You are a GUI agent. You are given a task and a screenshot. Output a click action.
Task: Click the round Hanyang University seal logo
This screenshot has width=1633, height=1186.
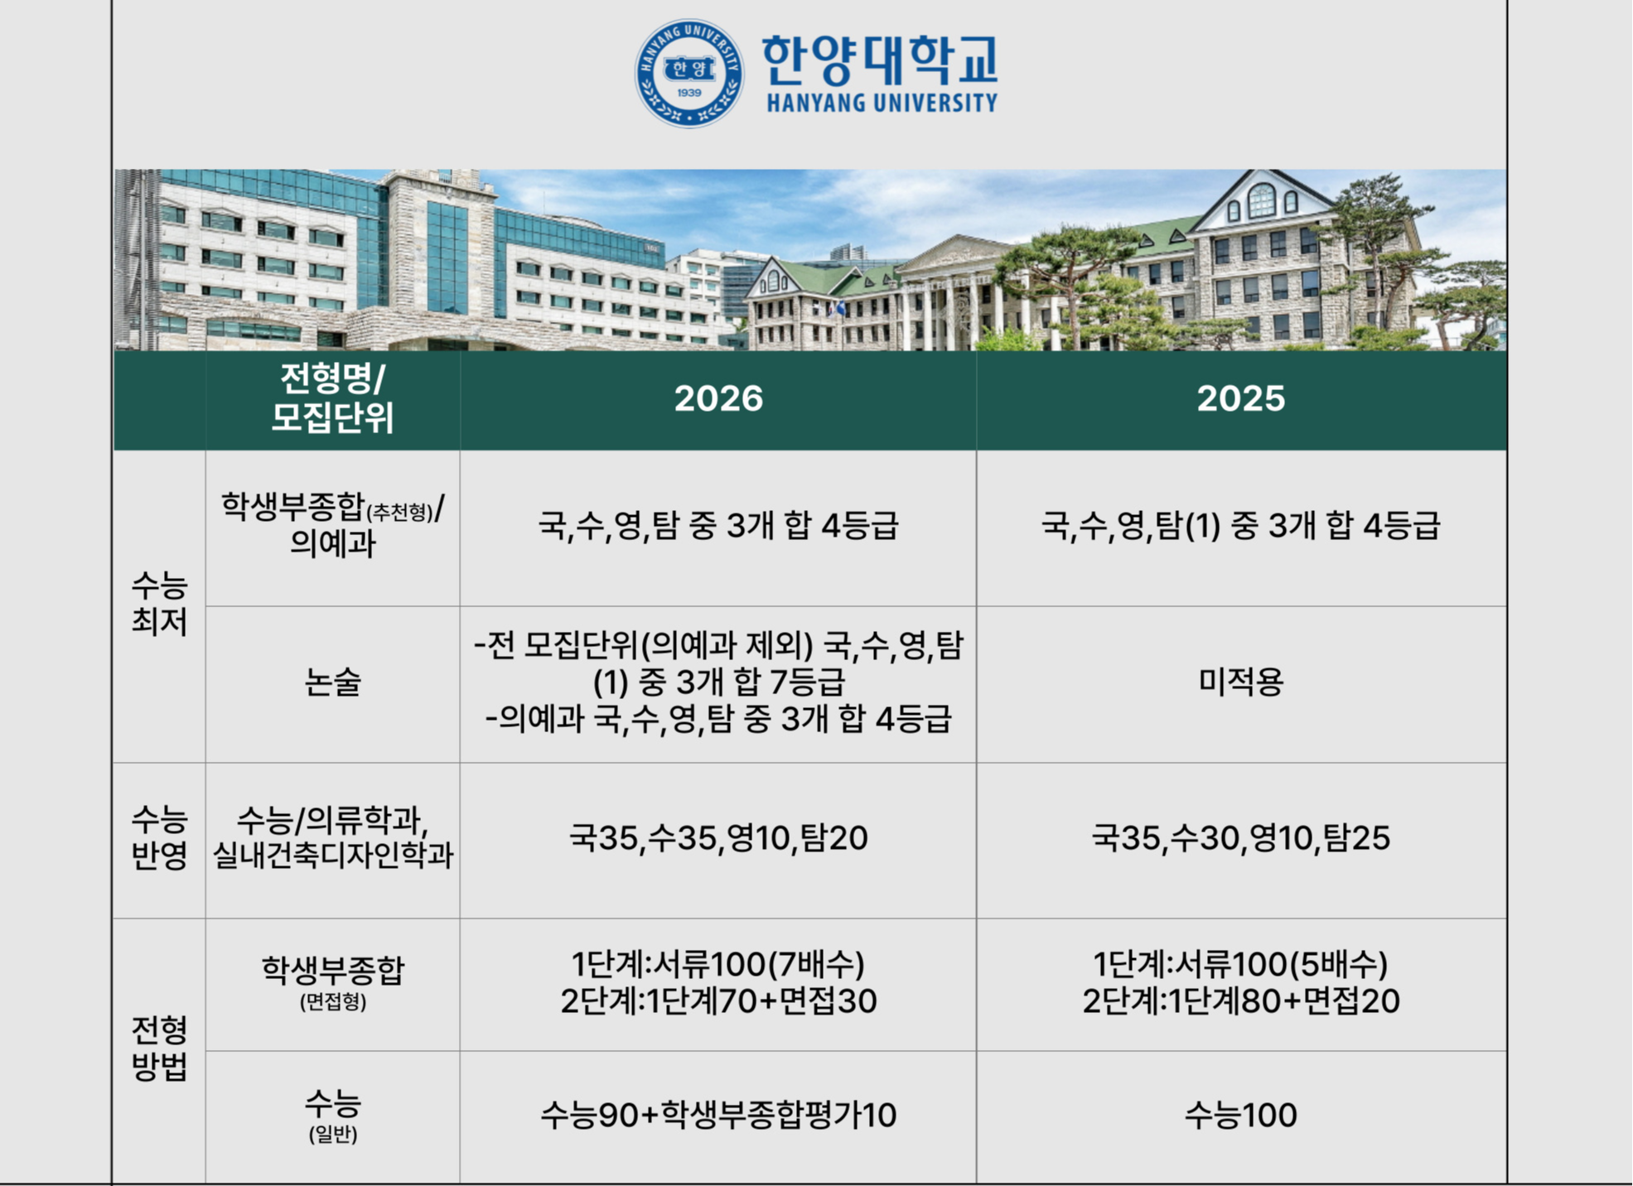coord(688,74)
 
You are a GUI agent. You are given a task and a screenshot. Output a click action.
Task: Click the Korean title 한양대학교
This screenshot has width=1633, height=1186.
coord(880,60)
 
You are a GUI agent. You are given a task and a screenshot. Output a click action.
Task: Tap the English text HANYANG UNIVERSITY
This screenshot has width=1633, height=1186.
coord(882,103)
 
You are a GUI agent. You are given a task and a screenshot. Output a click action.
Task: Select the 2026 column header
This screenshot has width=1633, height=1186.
coord(718,398)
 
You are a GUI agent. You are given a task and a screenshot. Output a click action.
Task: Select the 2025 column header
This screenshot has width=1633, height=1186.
coord(1240,398)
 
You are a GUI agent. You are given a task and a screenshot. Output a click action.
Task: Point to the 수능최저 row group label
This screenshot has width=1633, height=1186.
coord(159,604)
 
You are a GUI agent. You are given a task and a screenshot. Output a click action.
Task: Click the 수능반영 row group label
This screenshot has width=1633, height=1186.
coord(159,837)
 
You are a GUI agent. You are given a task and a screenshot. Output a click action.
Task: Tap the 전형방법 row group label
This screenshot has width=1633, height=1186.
coord(159,1048)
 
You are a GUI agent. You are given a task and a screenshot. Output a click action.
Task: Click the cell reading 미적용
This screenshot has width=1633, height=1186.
coord(1240,682)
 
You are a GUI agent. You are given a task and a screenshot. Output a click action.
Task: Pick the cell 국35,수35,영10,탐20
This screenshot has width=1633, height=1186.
coord(718,837)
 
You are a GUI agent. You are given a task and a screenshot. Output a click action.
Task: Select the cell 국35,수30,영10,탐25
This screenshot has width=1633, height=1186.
coord(1240,837)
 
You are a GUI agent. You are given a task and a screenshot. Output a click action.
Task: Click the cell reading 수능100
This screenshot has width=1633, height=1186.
coord(1240,1115)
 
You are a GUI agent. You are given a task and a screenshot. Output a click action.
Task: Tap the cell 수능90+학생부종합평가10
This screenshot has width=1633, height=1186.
coord(718,1115)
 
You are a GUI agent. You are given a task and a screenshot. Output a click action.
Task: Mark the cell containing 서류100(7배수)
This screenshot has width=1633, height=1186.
coord(718,982)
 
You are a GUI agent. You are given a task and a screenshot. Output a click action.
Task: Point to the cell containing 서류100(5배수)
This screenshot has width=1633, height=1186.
coord(1240,982)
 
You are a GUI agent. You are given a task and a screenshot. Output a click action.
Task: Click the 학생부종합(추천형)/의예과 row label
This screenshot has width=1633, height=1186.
coord(332,525)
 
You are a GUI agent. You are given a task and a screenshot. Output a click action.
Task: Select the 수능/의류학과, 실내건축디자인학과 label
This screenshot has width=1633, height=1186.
coord(332,837)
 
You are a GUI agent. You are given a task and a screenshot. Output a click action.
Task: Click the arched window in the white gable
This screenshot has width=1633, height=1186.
coord(1261,200)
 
